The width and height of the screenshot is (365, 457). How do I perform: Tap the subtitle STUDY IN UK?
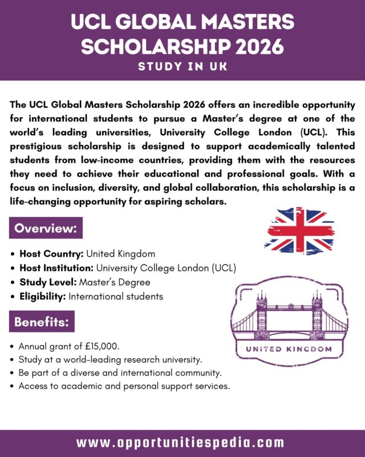pyautogui.click(x=182, y=67)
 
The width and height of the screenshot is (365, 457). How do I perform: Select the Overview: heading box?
pyautogui.click(x=46, y=228)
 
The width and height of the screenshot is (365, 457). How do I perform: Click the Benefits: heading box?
pyautogui.click(x=42, y=322)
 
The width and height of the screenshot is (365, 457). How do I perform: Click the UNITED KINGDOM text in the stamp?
pyautogui.click(x=288, y=348)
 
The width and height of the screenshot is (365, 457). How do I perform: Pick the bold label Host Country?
pyautogui.click(x=52, y=254)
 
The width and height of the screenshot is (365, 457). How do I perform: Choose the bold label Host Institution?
pyautogui.click(x=56, y=268)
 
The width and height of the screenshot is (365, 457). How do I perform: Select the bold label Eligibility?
pyautogui.click(x=43, y=296)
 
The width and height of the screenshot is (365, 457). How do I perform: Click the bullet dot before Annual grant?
pyautogui.click(x=13, y=347)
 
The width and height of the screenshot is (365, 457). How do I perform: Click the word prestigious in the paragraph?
pyautogui.click(x=38, y=145)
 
